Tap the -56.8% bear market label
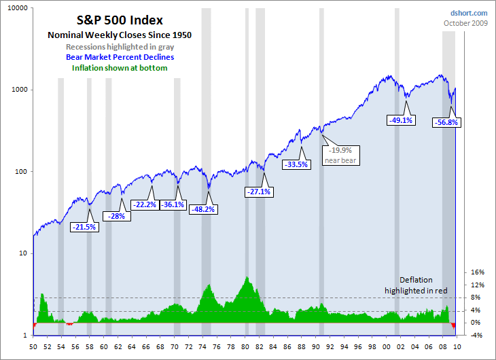446,123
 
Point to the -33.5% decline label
296,164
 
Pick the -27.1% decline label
258,192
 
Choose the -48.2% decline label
202,209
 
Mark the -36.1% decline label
172,204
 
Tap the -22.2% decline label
143,204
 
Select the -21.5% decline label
84,227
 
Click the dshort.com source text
469,13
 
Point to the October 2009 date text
465,23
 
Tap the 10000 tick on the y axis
18,8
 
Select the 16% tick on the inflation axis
477,272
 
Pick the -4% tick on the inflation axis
477,336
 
